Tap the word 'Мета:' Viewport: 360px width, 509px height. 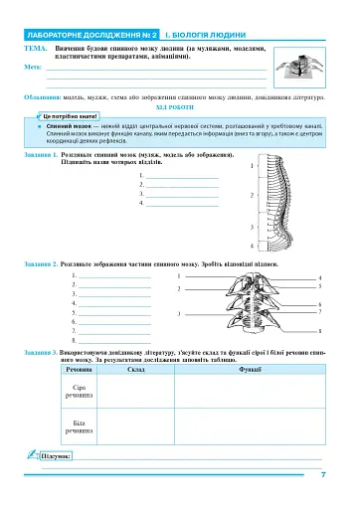point(33,67)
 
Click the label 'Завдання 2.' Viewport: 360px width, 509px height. point(41,265)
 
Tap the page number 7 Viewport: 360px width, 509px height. point(324,473)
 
